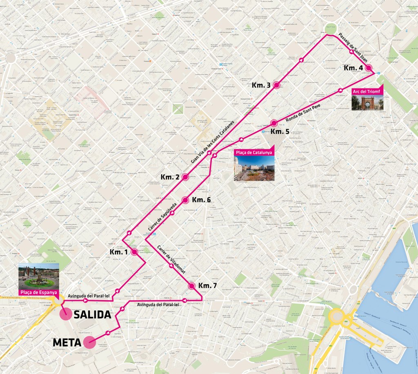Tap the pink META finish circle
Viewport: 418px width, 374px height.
89,343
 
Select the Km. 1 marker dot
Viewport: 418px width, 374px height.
134,252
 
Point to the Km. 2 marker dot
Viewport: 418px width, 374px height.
185,177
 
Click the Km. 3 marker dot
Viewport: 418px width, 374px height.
276,85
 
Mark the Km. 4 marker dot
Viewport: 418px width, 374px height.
369,68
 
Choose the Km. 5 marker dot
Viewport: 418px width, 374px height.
274,123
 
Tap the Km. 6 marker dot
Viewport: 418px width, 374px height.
185,200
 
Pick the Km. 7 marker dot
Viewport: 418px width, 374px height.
191,286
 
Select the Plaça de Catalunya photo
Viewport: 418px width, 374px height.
254,168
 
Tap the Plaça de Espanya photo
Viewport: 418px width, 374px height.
38,276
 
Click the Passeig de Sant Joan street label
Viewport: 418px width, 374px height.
354,48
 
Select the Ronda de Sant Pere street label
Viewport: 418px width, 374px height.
303,113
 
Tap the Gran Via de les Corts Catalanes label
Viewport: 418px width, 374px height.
213,142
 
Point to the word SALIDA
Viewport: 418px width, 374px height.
92,315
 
